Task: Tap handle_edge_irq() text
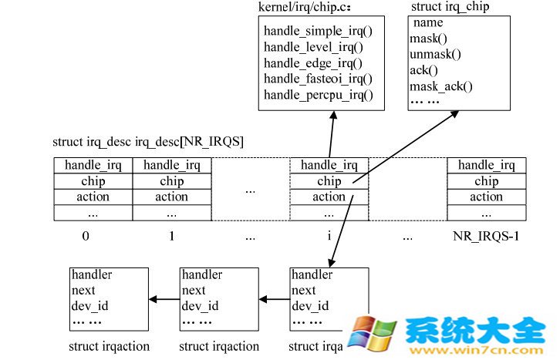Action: pyautogui.click(x=312, y=63)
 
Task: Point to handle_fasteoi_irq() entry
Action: pyautogui.click(x=318, y=79)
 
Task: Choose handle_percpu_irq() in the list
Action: pyautogui.click(x=318, y=95)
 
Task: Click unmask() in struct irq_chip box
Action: pyautogui.click(x=434, y=54)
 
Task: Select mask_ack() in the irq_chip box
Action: pyautogui.click(x=440, y=86)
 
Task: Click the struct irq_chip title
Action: pyautogui.click(x=450, y=7)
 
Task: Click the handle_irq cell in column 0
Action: pyautogui.click(x=93, y=165)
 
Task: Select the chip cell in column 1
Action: pyautogui.click(x=171, y=181)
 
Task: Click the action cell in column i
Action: pyautogui.click(x=329, y=197)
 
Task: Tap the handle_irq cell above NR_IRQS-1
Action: pyautogui.click(x=486, y=165)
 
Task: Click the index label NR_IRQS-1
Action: pyautogui.click(x=485, y=236)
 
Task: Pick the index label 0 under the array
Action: pyautogui.click(x=86, y=236)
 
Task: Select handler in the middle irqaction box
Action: pyautogui.click(x=202, y=275)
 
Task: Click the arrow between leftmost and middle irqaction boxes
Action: pyautogui.click(x=164, y=299)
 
